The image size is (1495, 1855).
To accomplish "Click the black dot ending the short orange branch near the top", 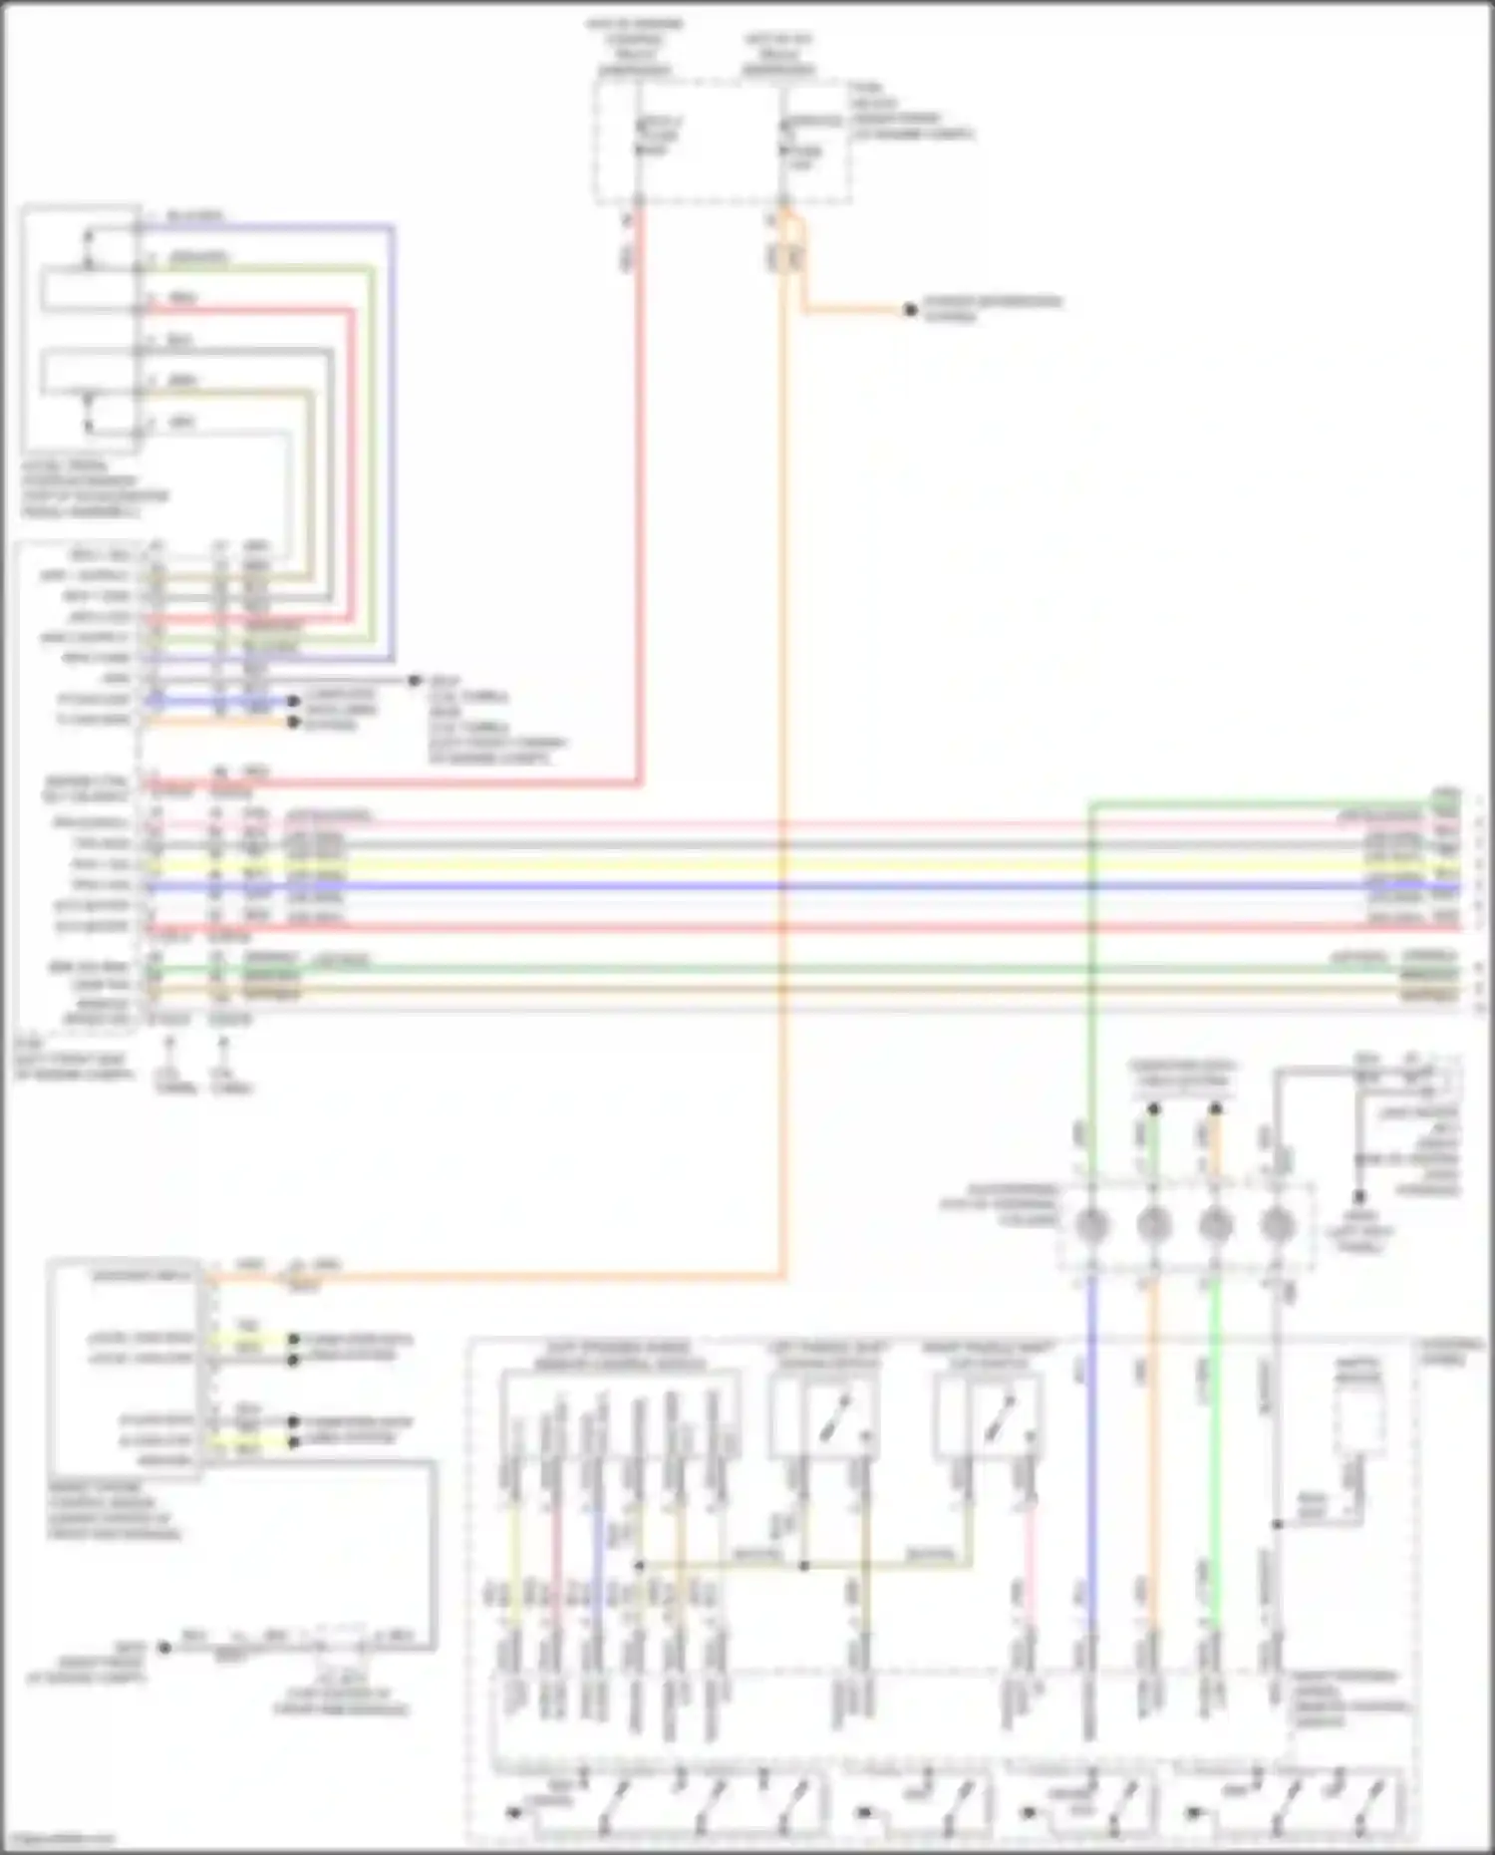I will click(x=910, y=310).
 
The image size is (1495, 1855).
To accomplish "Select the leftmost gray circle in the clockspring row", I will click(x=1090, y=1225).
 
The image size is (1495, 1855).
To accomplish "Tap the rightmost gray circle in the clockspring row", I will click(x=1277, y=1225).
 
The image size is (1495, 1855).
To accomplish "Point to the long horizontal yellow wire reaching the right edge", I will click(x=797, y=865).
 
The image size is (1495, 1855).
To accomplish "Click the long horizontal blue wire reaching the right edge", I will click(x=797, y=885).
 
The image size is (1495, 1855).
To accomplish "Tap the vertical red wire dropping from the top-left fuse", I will click(x=639, y=498).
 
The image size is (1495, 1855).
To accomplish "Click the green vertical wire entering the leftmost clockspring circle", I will click(x=1091, y=997).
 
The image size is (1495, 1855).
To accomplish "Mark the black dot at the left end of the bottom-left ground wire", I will click(x=165, y=1648).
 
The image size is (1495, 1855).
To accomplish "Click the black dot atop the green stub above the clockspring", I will click(x=1153, y=1108).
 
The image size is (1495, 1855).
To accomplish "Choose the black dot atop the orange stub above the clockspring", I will click(x=1216, y=1108).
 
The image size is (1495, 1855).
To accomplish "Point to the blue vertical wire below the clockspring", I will click(x=1091, y=1445).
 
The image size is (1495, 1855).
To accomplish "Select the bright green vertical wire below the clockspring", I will click(x=1215, y=1445).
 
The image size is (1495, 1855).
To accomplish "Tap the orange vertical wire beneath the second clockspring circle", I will click(x=1153, y=1445).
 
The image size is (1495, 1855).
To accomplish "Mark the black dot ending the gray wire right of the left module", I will click(x=416, y=681).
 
